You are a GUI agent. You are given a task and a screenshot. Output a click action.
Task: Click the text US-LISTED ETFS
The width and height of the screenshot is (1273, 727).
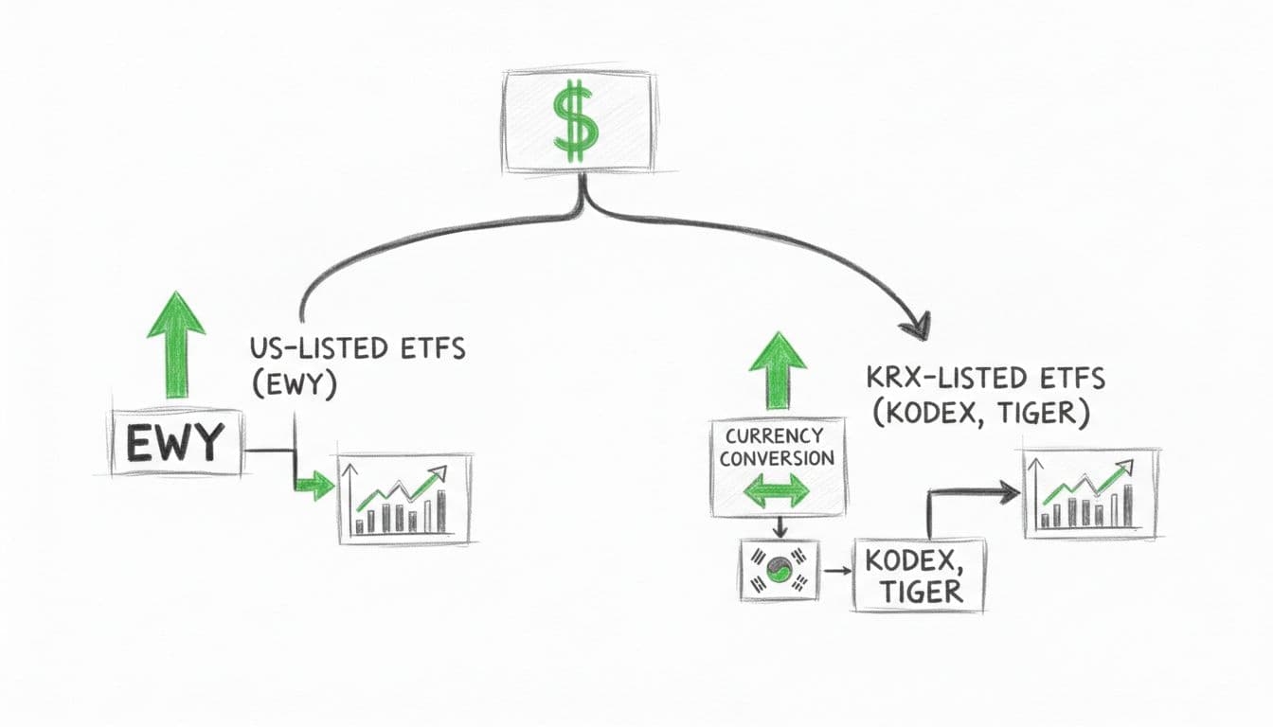click(x=357, y=348)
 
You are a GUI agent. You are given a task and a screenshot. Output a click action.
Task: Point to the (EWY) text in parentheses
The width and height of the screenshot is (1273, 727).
click(x=294, y=387)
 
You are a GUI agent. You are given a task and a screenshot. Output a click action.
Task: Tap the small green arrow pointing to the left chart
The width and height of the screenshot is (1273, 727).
click(x=314, y=487)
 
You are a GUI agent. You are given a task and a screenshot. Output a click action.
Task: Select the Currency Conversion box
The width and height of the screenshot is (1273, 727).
click(x=777, y=468)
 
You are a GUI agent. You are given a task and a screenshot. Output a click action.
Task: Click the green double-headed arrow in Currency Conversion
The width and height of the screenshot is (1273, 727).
click(x=777, y=491)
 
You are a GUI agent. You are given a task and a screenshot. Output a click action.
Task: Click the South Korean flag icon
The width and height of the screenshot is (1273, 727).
click(x=778, y=571)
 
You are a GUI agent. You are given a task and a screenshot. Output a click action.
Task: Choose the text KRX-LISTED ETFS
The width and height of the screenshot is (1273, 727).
click(x=985, y=379)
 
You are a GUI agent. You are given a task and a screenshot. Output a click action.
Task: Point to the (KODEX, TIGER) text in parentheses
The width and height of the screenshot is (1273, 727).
click(x=978, y=414)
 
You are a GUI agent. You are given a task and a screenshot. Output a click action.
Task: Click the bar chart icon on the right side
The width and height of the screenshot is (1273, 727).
click(x=1090, y=493)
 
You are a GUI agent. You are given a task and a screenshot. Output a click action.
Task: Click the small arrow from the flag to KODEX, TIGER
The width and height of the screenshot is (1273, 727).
click(x=835, y=572)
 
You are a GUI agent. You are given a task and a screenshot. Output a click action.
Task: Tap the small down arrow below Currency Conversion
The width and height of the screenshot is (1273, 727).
click(x=777, y=528)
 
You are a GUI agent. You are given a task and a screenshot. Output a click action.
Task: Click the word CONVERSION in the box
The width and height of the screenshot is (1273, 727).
click(x=777, y=458)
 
